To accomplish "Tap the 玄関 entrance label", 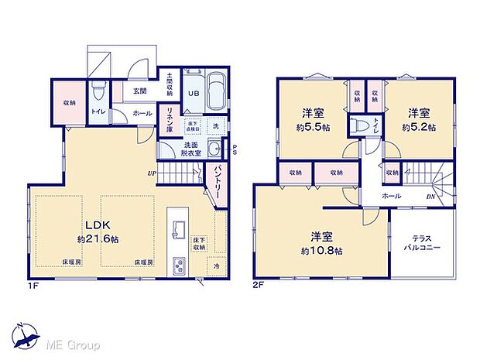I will point(139,91).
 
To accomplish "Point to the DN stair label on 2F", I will point(430,197).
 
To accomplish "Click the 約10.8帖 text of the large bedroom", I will point(321,249).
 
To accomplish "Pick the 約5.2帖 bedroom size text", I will point(418,126).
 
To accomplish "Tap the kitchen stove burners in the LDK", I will point(179,267).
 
